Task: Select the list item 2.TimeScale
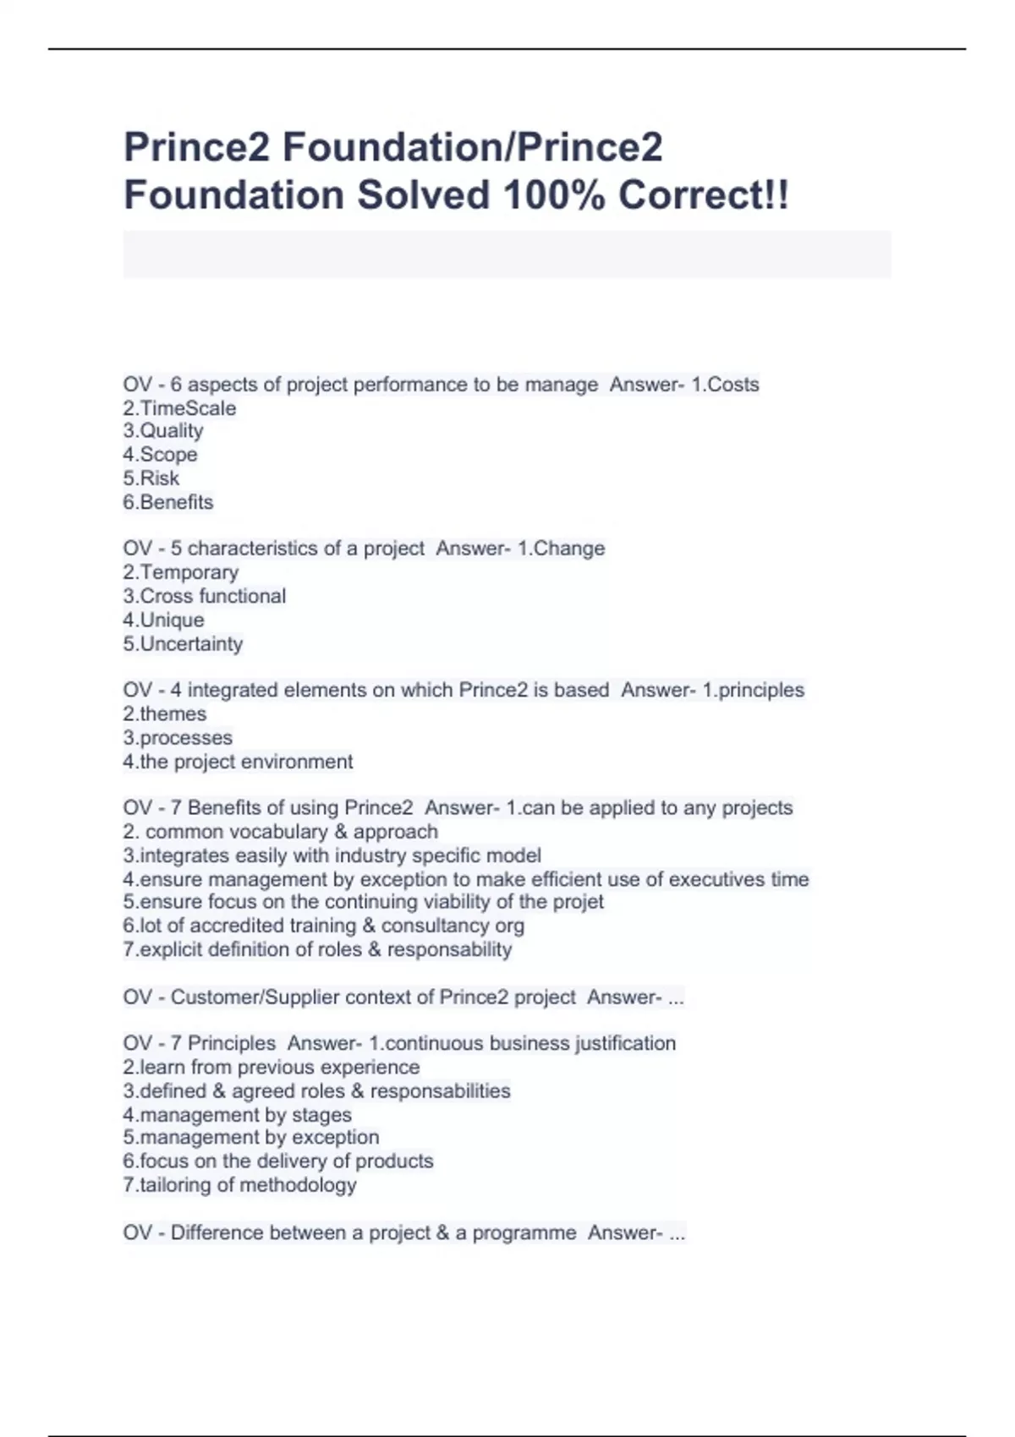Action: pos(179,408)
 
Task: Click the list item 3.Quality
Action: pos(163,431)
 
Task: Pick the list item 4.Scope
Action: pos(160,455)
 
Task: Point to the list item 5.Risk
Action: pos(151,478)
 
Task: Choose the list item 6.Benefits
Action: pos(168,502)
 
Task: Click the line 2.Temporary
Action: pos(181,572)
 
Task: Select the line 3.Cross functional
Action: pos(205,596)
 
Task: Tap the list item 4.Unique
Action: pos(163,620)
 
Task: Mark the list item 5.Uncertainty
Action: pos(183,643)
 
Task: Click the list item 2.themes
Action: pos(165,713)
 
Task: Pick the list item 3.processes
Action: pos(178,737)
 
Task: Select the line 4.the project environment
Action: pos(238,761)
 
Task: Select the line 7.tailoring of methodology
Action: pos(239,1185)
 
